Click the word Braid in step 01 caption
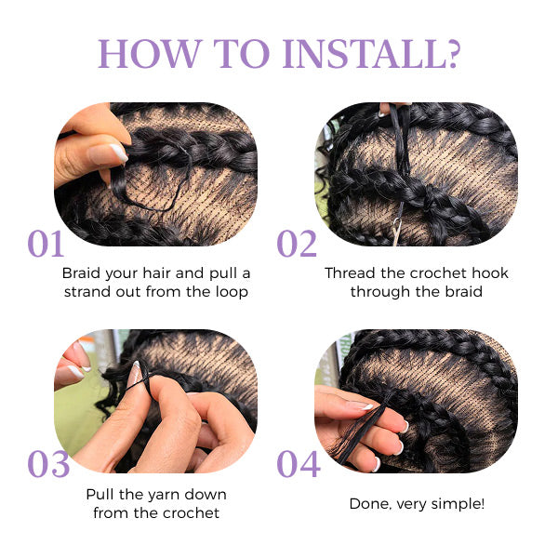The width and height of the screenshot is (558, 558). click(x=81, y=273)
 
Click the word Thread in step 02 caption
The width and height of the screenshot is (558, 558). click(x=351, y=273)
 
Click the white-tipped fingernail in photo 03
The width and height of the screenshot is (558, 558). click(x=136, y=374)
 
